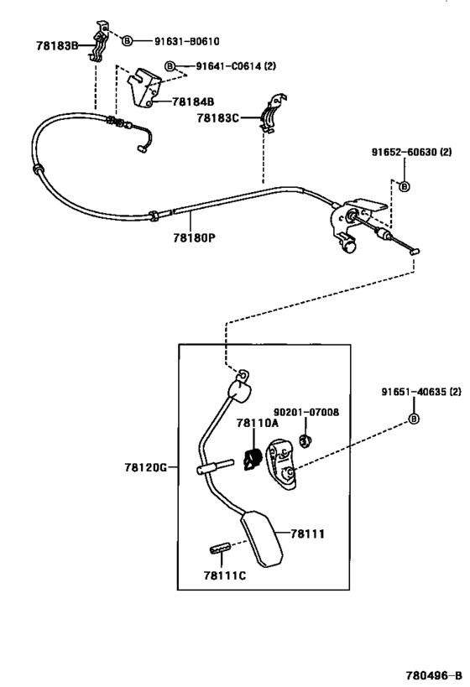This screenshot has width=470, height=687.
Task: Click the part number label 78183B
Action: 56,45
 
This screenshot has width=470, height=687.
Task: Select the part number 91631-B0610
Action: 187,41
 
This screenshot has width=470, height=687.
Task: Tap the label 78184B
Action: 193,101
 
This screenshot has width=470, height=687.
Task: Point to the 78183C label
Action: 218,118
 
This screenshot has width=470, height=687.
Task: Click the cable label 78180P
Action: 194,238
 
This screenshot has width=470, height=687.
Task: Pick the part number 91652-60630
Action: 405,152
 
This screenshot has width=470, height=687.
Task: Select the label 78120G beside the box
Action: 146,467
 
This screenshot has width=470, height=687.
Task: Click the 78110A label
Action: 258,423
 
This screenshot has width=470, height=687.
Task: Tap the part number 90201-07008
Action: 306,413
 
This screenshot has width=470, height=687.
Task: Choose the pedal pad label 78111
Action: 307,533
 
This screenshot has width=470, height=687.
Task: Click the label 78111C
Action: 224,575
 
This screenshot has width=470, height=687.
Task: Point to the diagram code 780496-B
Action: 434,675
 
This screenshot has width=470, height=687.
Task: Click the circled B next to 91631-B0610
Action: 126,41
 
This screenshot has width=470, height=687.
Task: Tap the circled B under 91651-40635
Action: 414,419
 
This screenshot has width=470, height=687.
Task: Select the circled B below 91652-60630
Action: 405,187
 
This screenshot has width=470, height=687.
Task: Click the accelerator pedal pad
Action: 261,539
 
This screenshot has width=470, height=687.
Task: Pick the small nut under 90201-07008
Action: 305,440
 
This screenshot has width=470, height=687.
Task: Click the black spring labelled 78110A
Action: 253,459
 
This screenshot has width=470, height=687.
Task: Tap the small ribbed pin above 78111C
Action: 220,548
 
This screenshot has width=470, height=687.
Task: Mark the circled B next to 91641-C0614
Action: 170,66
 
